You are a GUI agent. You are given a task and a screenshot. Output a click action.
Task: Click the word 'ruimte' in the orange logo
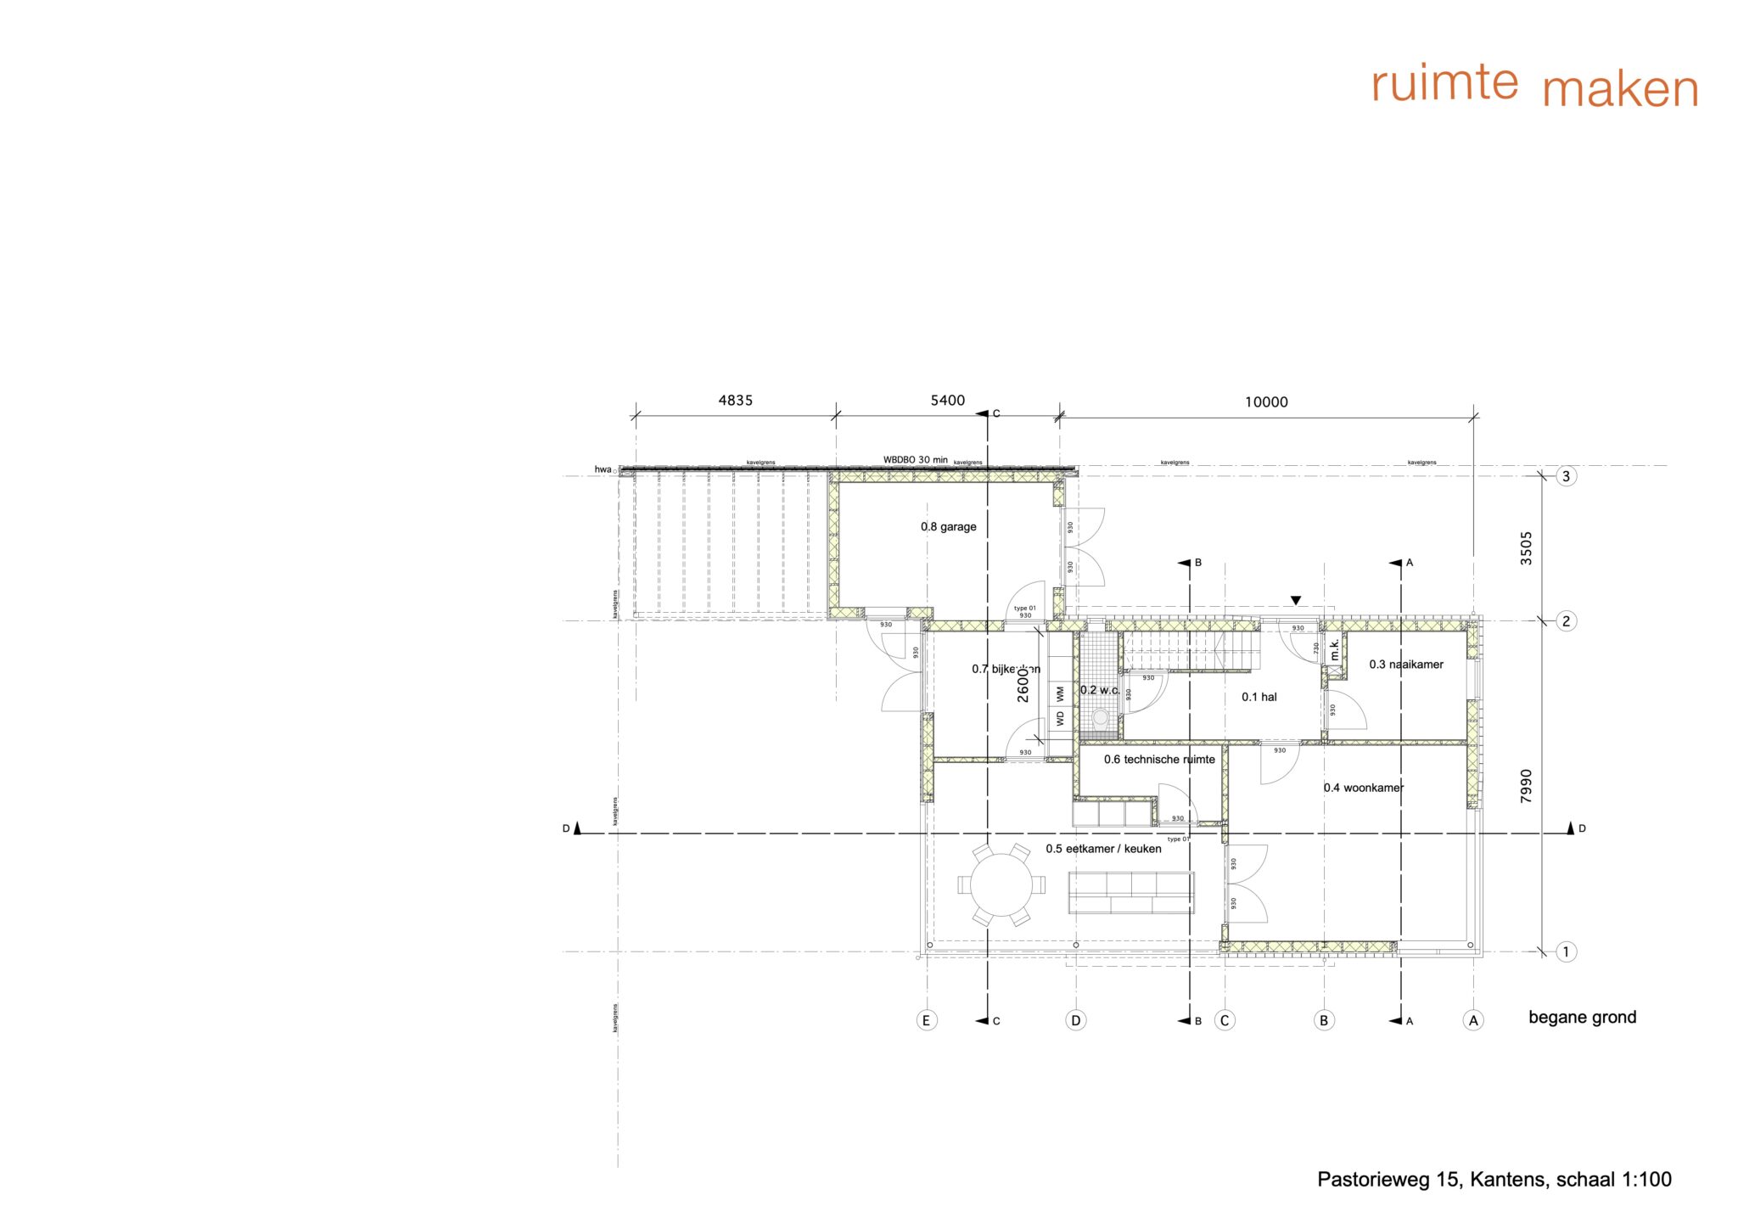(1444, 83)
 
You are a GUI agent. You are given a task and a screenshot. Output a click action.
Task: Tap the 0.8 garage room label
(948, 527)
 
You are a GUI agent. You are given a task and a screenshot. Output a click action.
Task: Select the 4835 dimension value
(735, 401)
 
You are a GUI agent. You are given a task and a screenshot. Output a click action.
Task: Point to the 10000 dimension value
(1265, 402)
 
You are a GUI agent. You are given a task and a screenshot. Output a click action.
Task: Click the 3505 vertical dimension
(1526, 548)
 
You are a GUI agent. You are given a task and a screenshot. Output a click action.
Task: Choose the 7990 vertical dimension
(1526, 787)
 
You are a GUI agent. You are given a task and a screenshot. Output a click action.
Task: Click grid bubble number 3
(1566, 476)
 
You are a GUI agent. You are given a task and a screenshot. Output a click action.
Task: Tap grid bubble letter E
(927, 1020)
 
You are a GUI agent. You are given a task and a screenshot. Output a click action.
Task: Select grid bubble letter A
(1473, 1020)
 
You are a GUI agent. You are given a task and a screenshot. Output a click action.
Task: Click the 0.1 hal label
(1259, 698)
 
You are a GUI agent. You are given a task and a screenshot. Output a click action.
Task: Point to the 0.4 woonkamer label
(1363, 788)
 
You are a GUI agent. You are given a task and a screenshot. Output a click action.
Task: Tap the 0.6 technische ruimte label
(1159, 760)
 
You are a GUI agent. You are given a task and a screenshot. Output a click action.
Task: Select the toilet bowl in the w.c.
(1101, 717)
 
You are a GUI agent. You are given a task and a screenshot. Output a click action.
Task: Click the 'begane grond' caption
(1582, 1018)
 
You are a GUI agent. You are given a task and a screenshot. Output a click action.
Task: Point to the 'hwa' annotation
(603, 469)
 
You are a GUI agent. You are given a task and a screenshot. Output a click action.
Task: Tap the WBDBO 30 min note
(915, 460)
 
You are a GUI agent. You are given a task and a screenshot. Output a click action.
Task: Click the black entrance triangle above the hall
(1295, 601)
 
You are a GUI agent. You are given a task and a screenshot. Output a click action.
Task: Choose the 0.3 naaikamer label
(1405, 665)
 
